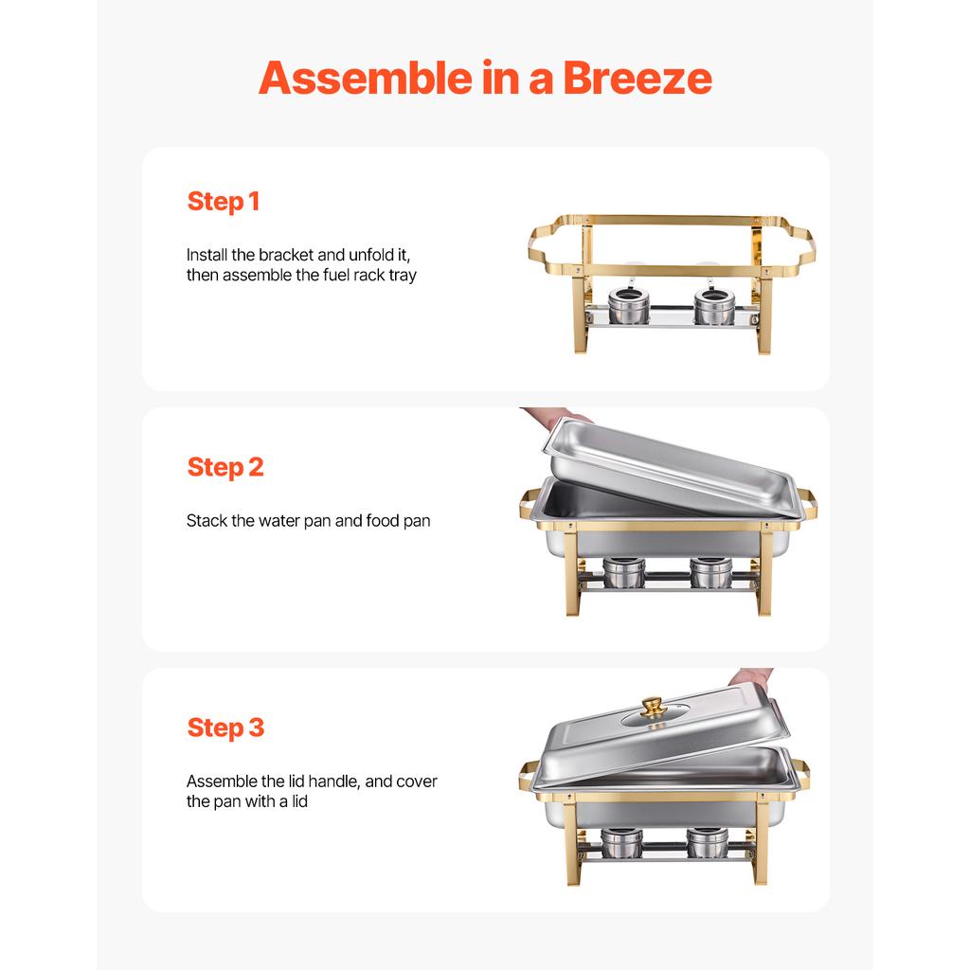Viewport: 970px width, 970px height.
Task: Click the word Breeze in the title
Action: point(637,78)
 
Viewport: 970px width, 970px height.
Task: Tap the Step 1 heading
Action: point(223,202)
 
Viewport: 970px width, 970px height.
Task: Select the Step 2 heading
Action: point(225,467)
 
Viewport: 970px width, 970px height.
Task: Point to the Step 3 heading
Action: point(225,727)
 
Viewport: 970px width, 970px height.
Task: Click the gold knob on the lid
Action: point(652,707)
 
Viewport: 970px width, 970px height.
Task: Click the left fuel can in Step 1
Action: point(623,306)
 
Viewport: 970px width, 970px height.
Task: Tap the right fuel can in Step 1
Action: point(713,306)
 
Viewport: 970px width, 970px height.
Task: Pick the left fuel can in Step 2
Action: point(623,572)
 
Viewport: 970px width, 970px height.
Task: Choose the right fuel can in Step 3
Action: point(708,841)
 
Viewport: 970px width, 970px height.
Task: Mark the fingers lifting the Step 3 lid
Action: point(750,677)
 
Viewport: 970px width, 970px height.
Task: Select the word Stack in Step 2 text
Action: point(207,521)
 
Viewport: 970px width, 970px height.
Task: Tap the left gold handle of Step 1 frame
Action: point(538,244)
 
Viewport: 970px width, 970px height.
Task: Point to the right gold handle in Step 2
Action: point(807,503)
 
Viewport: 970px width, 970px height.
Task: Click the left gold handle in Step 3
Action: point(528,775)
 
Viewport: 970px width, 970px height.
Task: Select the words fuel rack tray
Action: point(366,276)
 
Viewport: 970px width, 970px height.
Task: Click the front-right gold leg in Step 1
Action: point(764,317)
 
